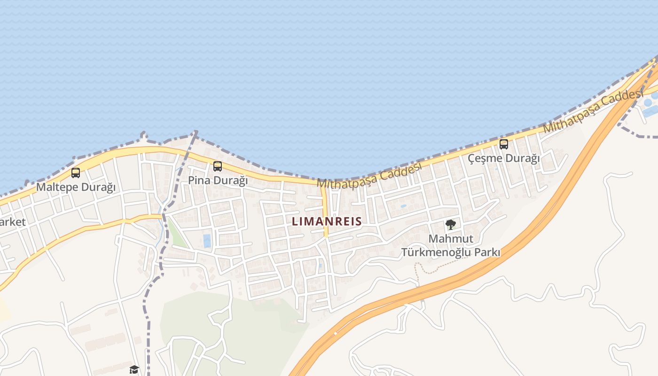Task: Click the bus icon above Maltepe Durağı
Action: click(x=76, y=172)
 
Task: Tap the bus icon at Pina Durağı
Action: click(x=217, y=166)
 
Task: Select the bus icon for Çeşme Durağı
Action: click(x=504, y=144)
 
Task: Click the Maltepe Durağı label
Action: click(x=76, y=187)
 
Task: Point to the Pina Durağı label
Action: click(x=218, y=180)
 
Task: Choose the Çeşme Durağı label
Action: click(x=504, y=158)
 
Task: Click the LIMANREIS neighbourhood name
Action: click(x=327, y=221)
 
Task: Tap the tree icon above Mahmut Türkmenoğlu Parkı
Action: click(x=451, y=224)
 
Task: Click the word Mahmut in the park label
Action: click(x=451, y=239)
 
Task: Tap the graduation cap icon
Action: click(x=134, y=369)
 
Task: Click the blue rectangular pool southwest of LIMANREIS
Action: click(x=207, y=241)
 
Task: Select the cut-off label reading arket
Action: click(x=13, y=222)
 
